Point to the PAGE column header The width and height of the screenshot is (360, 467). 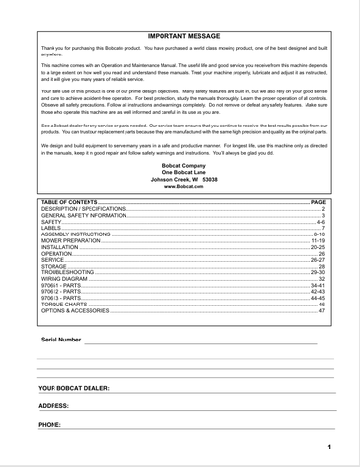318,201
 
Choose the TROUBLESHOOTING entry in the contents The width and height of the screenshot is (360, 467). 68,272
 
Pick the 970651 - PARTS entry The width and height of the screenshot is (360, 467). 59,286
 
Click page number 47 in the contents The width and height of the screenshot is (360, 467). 322,311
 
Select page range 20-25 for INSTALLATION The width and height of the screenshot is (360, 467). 318,247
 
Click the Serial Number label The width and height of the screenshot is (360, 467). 61,340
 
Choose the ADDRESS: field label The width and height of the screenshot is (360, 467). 54,405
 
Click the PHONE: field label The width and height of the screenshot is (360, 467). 50,425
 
